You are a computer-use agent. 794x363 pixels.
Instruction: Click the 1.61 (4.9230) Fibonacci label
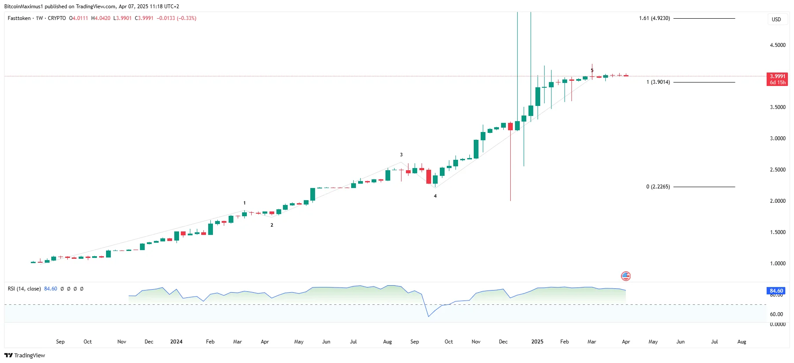pyautogui.click(x=654, y=18)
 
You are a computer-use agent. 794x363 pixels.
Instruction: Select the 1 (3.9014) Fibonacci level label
pyautogui.click(x=658, y=82)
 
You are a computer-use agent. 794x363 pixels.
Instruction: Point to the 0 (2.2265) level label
pyautogui.click(x=658, y=187)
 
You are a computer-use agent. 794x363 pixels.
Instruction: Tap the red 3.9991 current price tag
pyautogui.click(x=777, y=76)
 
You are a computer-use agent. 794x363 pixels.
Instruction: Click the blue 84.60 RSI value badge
pyautogui.click(x=776, y=291)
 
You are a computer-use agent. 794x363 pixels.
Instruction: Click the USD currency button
pyautogui.click(x=776, y=19)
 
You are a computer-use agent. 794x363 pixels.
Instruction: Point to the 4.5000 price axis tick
pyautogui.click(x=777, y=45)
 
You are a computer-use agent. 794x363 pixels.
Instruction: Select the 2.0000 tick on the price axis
pyautogui.click(x=777, y=201)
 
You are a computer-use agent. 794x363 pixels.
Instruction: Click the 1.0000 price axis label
pyautogui.click(x=777, y=264)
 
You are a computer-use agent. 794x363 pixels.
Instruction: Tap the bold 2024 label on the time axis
pyautogui.click(x=176, y=342)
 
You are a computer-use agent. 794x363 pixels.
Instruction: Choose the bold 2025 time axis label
pyautogui.click(x=537, y=342)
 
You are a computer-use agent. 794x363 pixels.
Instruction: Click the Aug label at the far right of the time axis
pyautogui.click(x=741, y=342)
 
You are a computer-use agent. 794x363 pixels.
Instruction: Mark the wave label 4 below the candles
pyautogui.click(x=435, y=196)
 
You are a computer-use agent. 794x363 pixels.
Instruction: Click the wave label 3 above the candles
pyautogui.click(x=401, y=155)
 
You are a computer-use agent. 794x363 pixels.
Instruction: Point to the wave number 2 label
pyautogui.click(x=272, y=225)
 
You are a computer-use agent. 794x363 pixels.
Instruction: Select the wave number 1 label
pyautogui.click(x=245, y=203)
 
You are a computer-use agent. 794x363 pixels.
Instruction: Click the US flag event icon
pyautogui.click(x=626, y=276)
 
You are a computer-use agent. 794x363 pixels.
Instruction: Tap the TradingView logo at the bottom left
pyautogui.click(x=25, y=355)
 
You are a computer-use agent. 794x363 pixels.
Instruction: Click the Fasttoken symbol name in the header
pyautogui.click(x=19, y=18)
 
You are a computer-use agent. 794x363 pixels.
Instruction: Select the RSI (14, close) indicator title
pyautogui.click(x=24, y=289)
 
